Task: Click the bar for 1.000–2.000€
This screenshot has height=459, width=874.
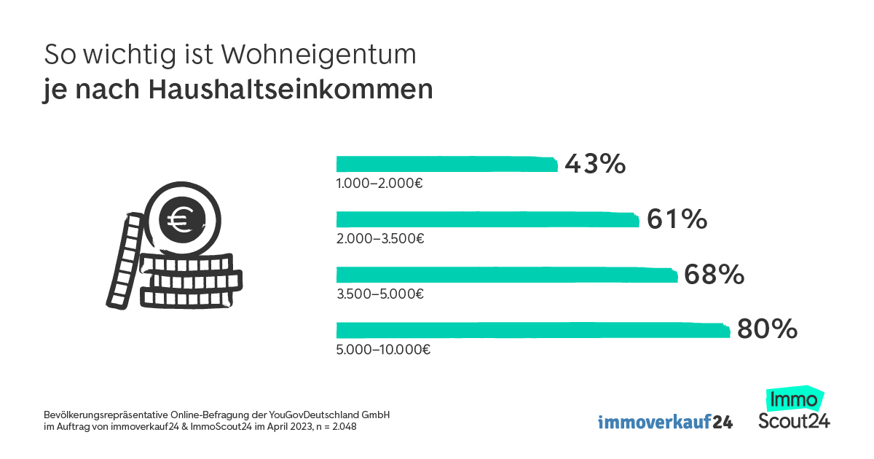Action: (446, 163)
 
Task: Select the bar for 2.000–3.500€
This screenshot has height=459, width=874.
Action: (487, 219)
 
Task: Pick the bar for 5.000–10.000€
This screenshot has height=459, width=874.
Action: (532, 330)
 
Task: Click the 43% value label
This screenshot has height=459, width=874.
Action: (595, 164)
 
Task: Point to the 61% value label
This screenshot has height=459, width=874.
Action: (677, 219)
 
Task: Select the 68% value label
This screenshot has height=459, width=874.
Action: (714, 275)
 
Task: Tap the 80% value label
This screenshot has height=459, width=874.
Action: (767, 330)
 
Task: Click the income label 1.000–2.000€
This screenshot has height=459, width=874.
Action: (379, 183)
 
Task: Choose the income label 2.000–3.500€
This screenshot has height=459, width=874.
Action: (380, 238)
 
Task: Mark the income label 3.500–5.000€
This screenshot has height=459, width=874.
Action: (380, 294)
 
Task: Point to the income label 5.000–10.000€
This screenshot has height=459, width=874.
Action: (383, 349)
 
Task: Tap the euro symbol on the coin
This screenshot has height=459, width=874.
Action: (177, 219)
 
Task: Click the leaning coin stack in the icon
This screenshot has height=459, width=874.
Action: (124, 259)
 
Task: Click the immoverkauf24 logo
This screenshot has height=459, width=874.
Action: (665, 422)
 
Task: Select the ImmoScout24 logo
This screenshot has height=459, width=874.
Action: (794, 409)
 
